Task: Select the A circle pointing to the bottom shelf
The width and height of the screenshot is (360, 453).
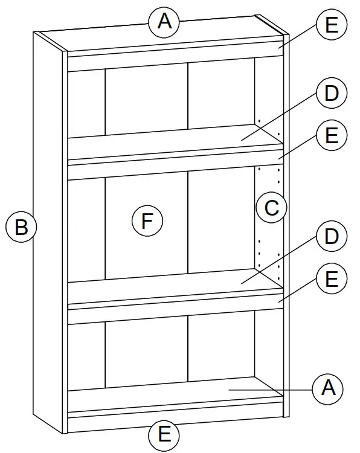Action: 328,387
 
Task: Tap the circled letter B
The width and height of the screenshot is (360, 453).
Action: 21,228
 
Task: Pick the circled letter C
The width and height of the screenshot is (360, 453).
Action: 271,208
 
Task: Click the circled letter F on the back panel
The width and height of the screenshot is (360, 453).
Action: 147,222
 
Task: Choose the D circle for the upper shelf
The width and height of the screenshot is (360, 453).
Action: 330,94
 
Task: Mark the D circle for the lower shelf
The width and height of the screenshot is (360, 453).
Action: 330,236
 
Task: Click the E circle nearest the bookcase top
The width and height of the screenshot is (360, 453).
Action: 330,25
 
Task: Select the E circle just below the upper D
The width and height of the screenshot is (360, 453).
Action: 330,135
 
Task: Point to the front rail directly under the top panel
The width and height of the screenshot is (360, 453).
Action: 175,63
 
